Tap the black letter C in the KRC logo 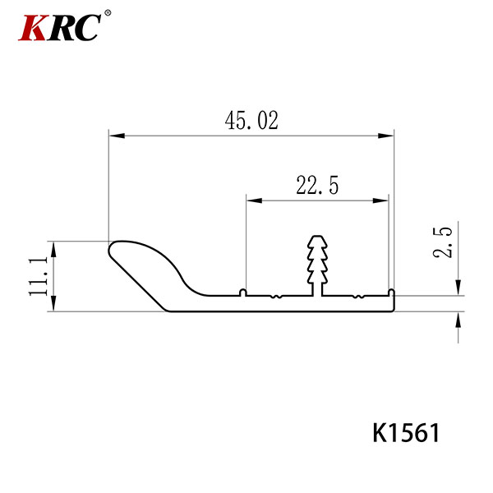click(85, 27)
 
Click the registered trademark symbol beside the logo click(107, 13)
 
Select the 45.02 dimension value click(251, 120)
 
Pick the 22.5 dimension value click(317, 185)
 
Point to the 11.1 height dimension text click(38, 276)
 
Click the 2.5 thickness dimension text click(442, 242)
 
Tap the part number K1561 click(406, 433)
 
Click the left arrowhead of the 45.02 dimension click(117, 136)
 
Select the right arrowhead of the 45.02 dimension click(386, 136)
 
